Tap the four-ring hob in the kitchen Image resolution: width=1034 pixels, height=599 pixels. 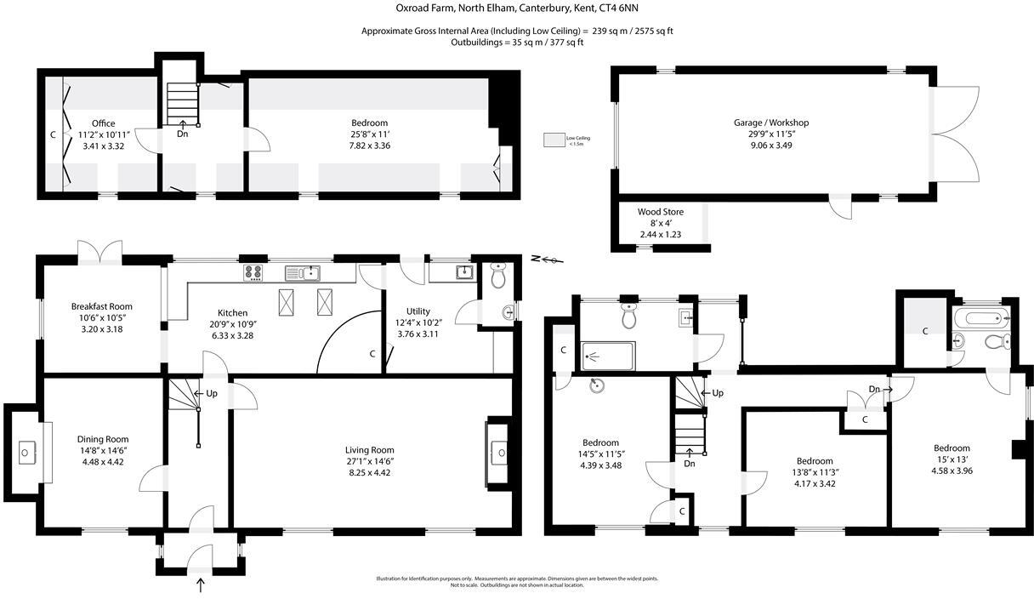pyautogui.click(x=253, y=272)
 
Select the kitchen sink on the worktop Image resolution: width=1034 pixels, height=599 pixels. pyautogui.click(x=302, y=272)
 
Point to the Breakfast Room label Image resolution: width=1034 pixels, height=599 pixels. pyautogui.click(x=102, y=306)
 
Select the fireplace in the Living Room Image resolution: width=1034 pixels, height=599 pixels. pyautogui.click(x=498, y=452)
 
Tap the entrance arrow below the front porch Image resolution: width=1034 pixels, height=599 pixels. pyautogui.click(x=201, y=585)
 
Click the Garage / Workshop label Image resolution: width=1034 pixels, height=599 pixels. pyautogui.click(x=771, y=123)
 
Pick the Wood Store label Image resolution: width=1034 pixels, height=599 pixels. pyautogui.click(x=661, y=212)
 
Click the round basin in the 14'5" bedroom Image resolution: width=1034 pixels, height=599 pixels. pyautogui.click(x=598, y=385)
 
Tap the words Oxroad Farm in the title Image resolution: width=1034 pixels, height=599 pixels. pyautogui.click(x=423, y=9)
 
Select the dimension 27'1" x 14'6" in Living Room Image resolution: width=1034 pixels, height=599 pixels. pyautogui.click(x=369, y=461)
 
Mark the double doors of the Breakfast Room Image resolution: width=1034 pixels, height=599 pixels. pyautogui.click(x=99, y=253)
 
